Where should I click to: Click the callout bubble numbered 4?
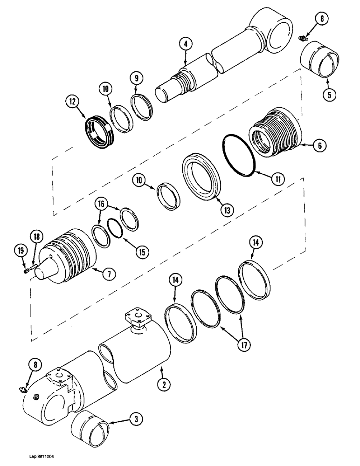(185, 44)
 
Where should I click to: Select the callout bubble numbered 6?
(319, 146)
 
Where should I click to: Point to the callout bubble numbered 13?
(227, 211)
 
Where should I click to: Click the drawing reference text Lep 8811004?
(43, 458)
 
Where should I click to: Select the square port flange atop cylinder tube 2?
(138, 319)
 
